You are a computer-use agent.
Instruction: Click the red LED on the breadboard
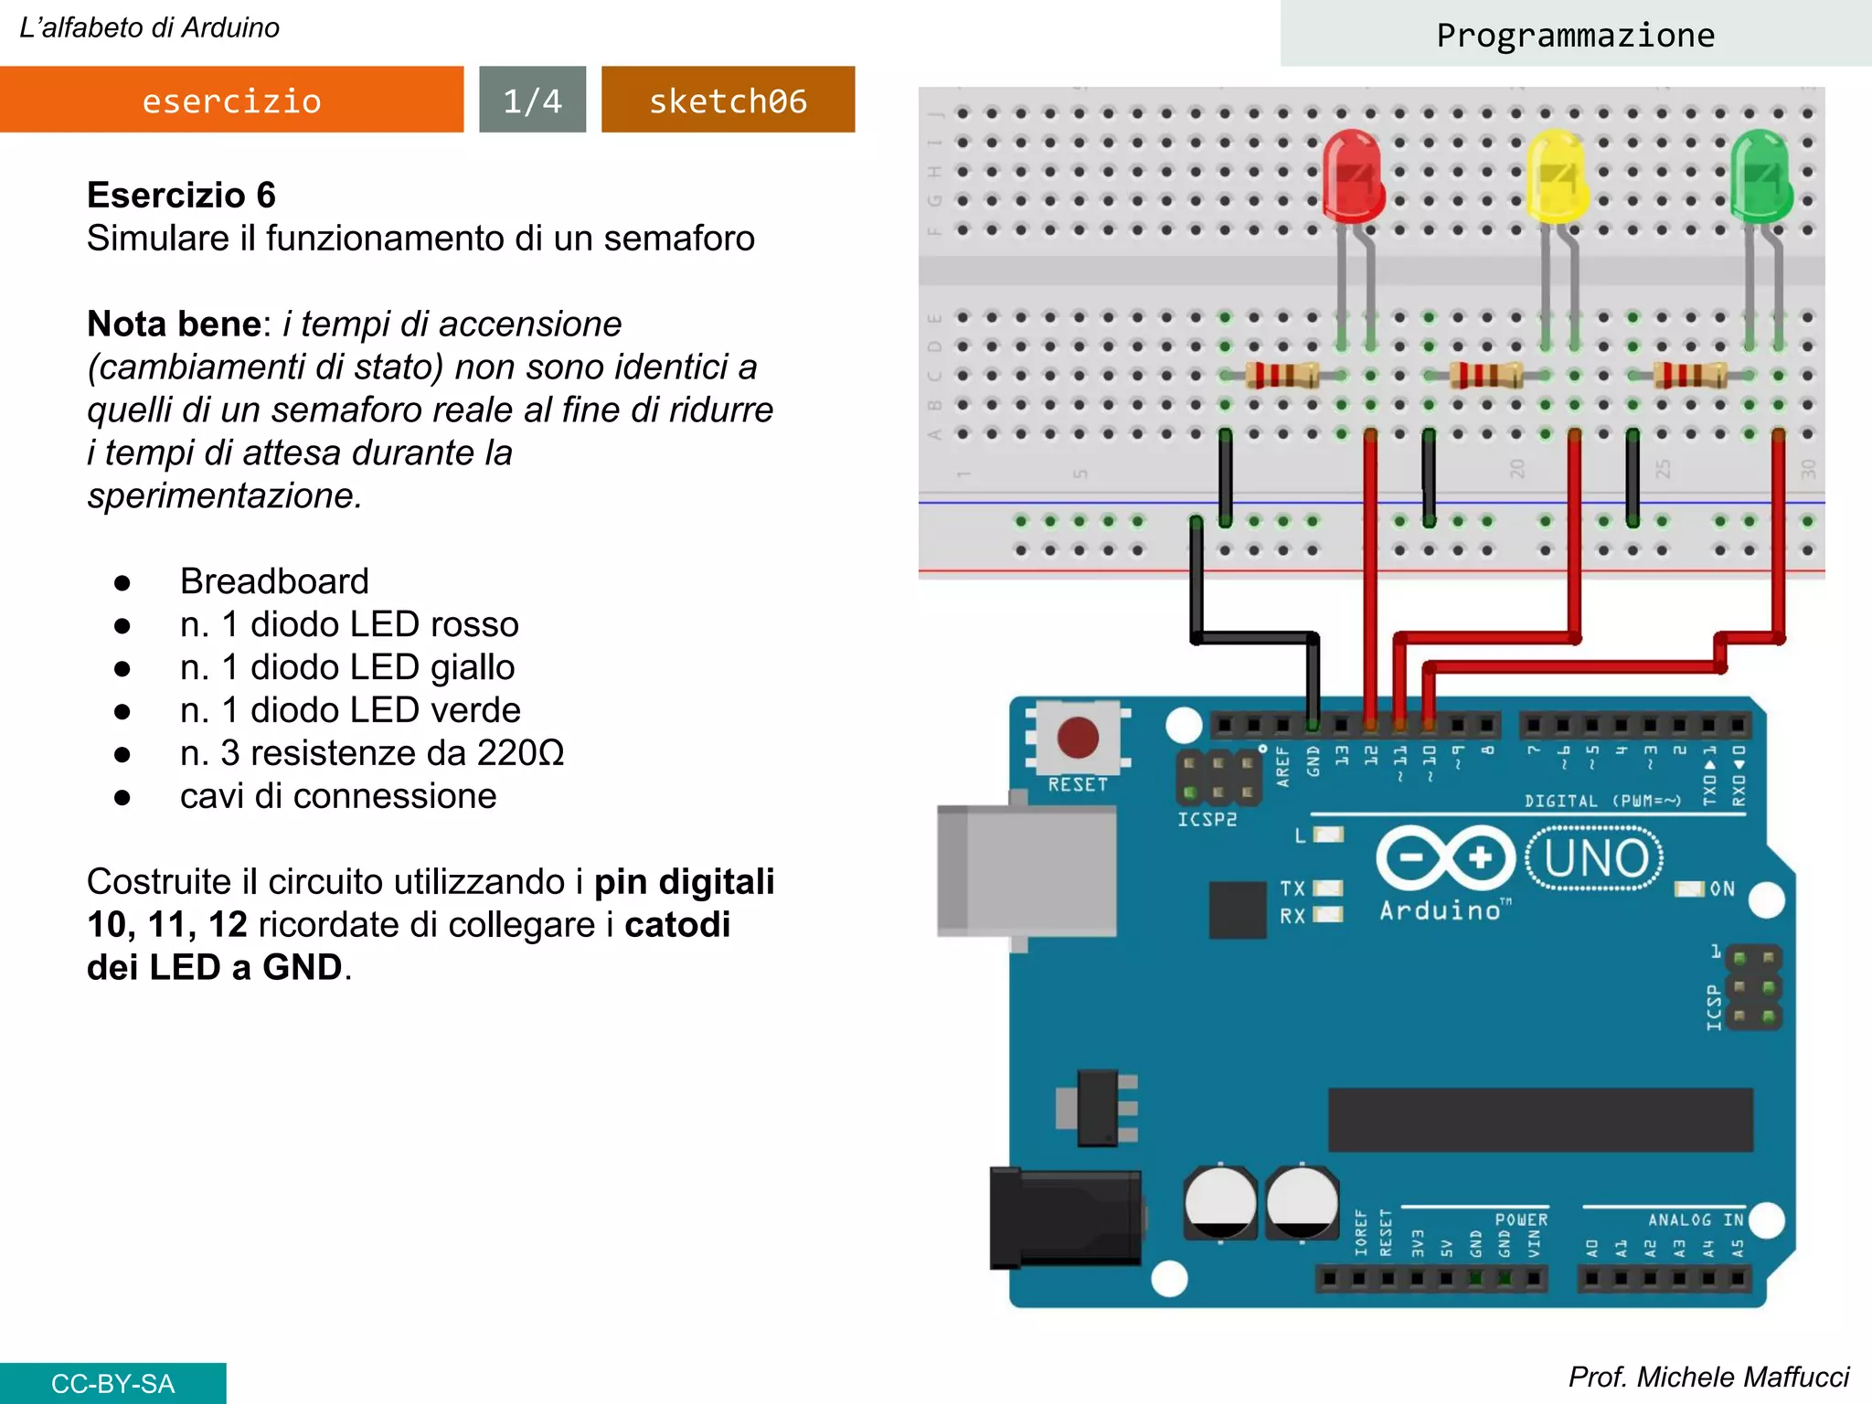pos(1353,176)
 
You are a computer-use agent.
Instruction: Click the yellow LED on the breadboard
pos(1557,176)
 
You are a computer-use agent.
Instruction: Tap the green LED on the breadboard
pos(1760,176)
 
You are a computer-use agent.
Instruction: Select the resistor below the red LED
pos(1282,375)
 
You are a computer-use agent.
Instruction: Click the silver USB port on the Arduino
pos(1026,870)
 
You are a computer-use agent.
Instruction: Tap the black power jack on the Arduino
pos(1065,1218)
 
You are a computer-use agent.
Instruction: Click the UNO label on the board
pos(1596,858)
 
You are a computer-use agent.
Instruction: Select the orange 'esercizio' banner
pos(231,100)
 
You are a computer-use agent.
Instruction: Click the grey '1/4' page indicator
pos(532,100)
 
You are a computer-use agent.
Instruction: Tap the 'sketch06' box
pos(728,100)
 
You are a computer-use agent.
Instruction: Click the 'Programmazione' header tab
pos(1575,35)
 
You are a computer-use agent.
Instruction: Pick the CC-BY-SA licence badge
pos(112,1383)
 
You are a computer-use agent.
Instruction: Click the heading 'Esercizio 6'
pos(181,195)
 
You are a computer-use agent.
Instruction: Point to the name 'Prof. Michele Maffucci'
pos(1707,1377)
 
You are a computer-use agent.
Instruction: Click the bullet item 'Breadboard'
pos(274,581)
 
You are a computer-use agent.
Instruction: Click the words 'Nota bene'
pos(174,324)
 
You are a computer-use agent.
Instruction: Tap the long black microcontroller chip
pos(1540,1120)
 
